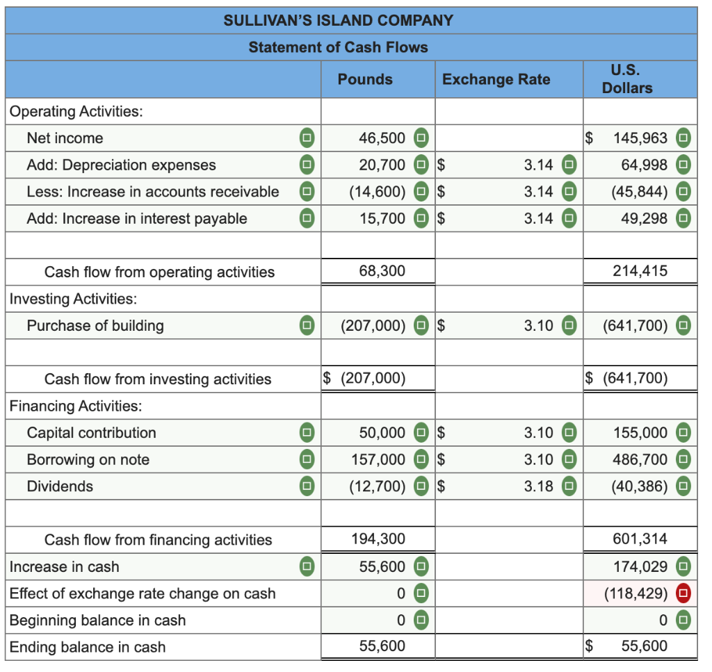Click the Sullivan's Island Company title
coord(338,20)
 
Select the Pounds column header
coord(365,79)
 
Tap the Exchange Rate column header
coord(496,79)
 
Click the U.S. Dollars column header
coord(627,79)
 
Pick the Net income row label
coord(65,138)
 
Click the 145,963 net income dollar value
coord(640,138)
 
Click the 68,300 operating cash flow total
coord(382,271)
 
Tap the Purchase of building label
coord(95,325)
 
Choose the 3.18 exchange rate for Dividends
coord(539,486)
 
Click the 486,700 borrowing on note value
coord(640,459)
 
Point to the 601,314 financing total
coord(640,539)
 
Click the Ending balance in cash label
coord(88,647)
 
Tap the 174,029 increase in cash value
coord(640,567)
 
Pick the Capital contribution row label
coord(91,433)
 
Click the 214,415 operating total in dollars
coord(640,271)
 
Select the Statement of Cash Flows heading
coord(338,47)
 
